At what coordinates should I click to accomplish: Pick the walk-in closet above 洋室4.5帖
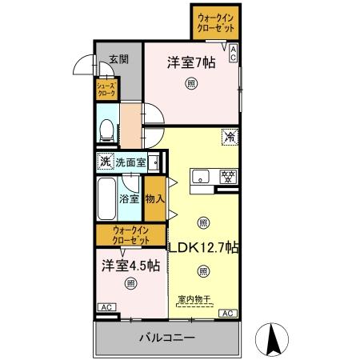tap(131, 236)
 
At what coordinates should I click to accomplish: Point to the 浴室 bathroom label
tap(130, 198)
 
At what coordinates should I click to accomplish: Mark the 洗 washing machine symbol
tap(105, 162)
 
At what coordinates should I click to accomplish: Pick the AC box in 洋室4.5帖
tap(105, 307)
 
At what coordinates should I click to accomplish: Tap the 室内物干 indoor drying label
tap(193, 300)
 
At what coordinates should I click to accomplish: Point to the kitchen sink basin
tap(201, 177)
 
